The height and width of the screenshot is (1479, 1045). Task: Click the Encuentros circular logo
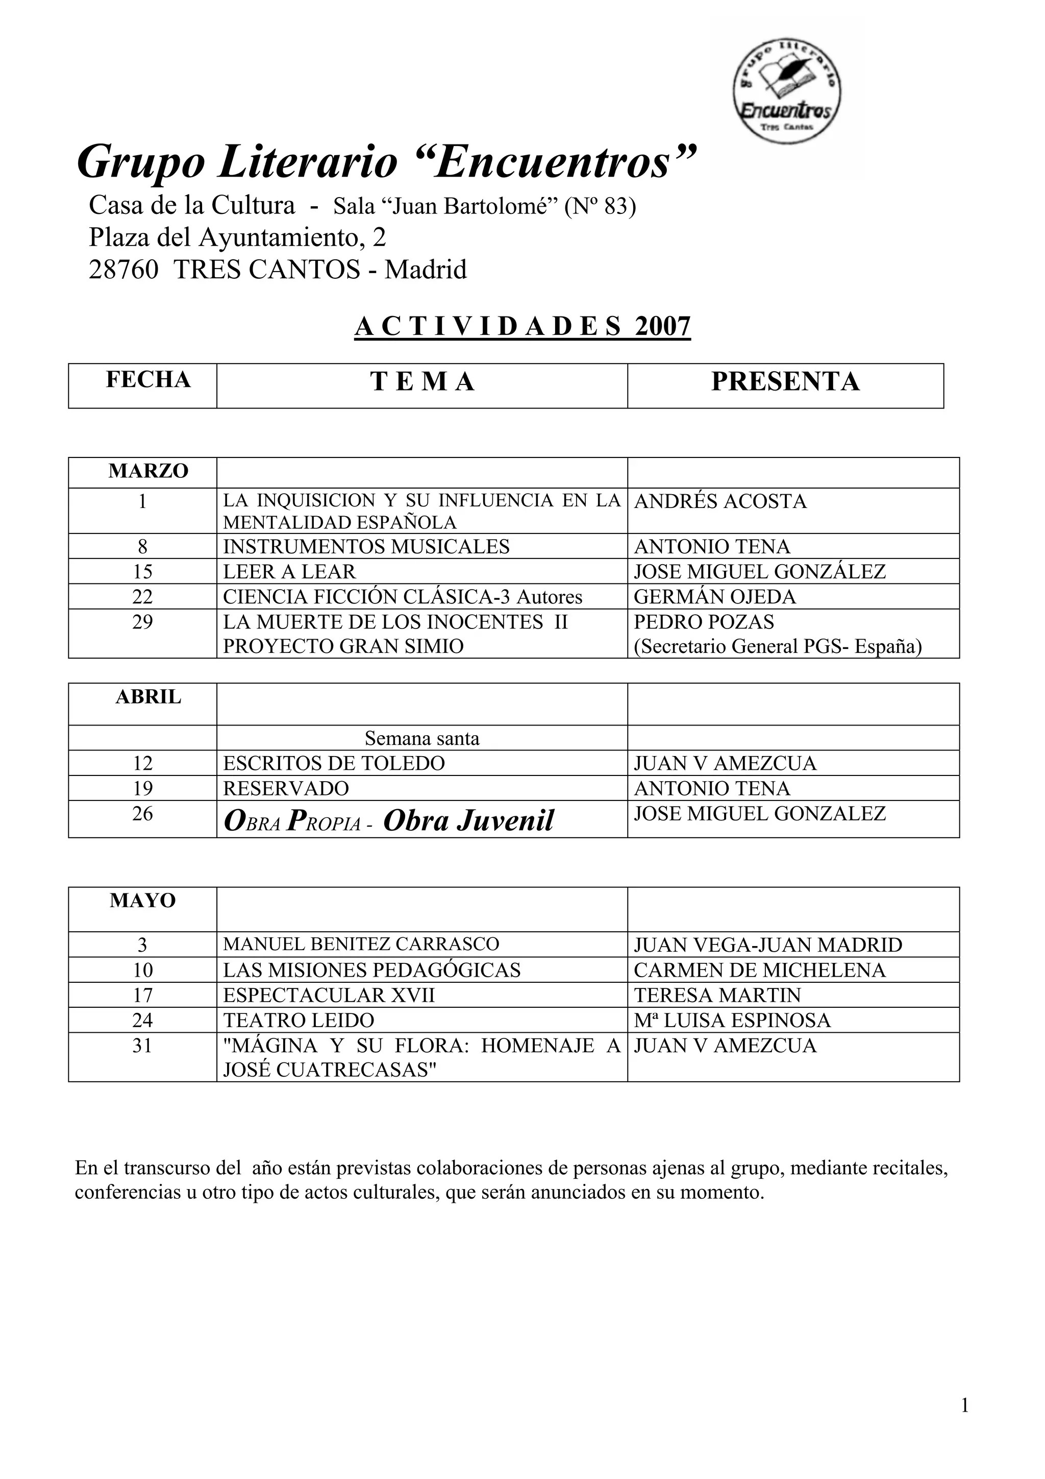click(x=787, y=90)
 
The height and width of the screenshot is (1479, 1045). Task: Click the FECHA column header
click(x=148, y=380)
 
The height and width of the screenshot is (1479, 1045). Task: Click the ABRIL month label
click(x=148, y=697)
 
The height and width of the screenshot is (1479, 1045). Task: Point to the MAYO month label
click(x=142, y=901)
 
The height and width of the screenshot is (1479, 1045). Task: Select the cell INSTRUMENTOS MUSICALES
click(x=366, y=546)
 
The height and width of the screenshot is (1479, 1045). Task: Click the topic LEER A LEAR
click(x=289, y=571)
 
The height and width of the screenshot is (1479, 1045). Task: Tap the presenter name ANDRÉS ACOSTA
click(x=720, y=501)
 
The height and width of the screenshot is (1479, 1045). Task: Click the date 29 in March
click(x=142, y=622)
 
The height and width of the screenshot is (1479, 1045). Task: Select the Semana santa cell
click(x=422, y=738)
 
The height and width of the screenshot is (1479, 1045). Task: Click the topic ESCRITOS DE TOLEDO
click(x=334, y=763)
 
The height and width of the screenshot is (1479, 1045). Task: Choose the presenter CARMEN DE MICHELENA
click(x=760, y=970)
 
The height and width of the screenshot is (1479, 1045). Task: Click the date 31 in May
click(x=142, y=1046)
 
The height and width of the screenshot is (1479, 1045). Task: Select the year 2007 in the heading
click(x=662, y=327)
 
